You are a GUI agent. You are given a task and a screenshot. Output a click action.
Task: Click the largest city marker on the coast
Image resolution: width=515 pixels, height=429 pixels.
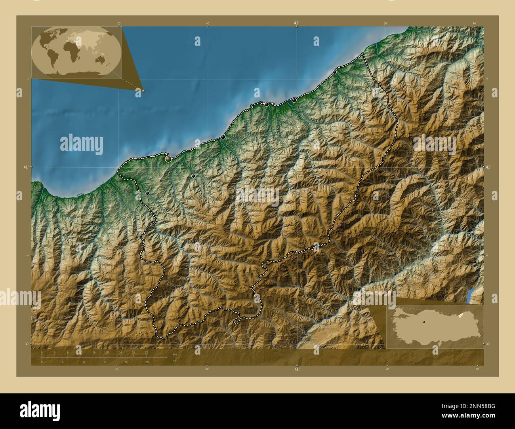point(168,159)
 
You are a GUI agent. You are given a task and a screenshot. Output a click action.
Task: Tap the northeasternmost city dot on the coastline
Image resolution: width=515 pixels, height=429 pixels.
point(335,72)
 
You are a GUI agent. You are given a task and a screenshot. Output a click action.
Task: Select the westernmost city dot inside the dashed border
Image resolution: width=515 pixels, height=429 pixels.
point(147,193)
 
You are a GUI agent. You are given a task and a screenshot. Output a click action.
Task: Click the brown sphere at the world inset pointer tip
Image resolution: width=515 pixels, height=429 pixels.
point(143,91)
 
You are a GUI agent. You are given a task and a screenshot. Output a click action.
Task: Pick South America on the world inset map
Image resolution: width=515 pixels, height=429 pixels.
point(53,58)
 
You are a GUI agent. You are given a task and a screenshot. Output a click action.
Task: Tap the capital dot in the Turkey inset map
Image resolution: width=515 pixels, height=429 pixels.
point(423,322)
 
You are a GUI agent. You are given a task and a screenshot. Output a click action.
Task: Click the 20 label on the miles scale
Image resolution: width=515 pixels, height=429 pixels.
point(147,362)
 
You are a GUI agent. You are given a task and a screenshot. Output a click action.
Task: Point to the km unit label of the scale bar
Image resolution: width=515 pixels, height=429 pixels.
point(175,354)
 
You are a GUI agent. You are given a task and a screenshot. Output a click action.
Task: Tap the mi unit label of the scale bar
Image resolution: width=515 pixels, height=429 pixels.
point(174,361)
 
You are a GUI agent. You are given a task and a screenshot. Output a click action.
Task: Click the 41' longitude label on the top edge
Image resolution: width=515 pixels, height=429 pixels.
point(296,23)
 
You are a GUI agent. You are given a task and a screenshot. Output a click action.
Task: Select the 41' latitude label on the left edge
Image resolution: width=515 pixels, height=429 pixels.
point(26,167)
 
